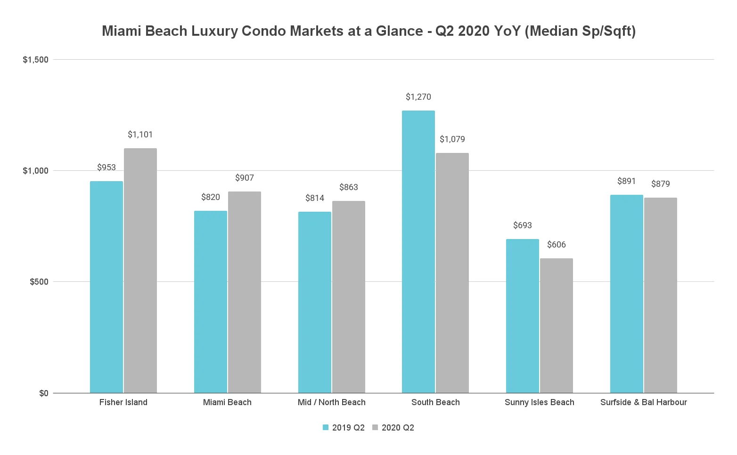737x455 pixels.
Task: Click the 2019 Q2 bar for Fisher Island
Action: pos(106,287)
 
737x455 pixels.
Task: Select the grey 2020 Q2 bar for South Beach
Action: pos(452,273)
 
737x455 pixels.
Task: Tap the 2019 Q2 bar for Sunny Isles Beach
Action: pos(523,316)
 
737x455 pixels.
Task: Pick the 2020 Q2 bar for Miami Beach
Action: pos(245,292)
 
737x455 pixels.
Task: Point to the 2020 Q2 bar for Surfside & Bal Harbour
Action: pos(661,295)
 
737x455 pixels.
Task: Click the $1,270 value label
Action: pos(418,97)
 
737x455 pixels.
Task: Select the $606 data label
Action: pos(557,245)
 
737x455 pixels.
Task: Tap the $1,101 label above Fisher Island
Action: pos(140,135)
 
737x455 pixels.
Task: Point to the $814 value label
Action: pos(315,198)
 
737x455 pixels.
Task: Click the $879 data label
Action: pos(661,184)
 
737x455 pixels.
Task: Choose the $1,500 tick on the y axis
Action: pos(36,60)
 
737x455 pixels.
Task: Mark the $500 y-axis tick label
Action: pos(39,282)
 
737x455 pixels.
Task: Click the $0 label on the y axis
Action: pos(44,393)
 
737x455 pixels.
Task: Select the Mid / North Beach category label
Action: pos(332,402)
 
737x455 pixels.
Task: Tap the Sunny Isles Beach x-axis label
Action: pos(540,402)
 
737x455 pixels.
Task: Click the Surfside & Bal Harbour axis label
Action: pos(644,402)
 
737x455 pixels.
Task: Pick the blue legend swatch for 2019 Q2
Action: pos(326,427)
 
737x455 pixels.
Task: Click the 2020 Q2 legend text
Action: pos(398,428)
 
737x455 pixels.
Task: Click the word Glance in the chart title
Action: pos(399,31)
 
